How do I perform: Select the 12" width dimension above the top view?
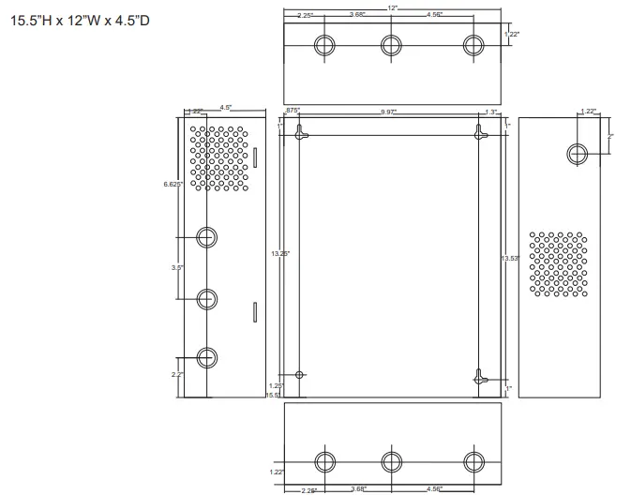tap(391, 7)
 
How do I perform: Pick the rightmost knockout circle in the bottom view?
tap(475, 462)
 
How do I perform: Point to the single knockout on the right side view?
tap(578, 153)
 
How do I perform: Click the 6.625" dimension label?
tap(173, 184)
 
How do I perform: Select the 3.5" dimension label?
tap(176, 268)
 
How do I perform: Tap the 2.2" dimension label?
tap(176, 374)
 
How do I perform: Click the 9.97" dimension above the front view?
tap(388, 112)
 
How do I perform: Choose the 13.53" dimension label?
tap(510, 258)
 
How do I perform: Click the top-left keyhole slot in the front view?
tap(300, 135)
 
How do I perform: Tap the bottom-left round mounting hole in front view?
tap(299, 375)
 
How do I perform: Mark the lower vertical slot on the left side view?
tap(253, 311)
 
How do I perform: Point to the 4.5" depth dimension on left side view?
tap(226, 107)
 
